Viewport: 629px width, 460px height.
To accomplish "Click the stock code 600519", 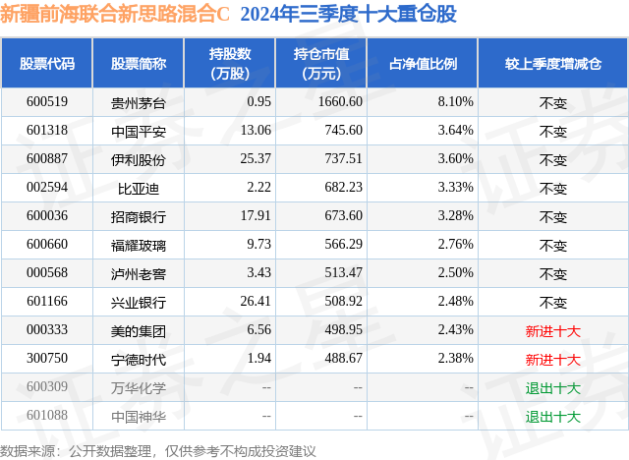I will tap(47, 101).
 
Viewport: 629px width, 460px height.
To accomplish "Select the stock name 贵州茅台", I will tap(139, 101).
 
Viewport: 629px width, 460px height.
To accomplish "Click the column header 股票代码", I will tap(47, 64).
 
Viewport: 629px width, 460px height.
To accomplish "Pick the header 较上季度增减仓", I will tap(553, 64).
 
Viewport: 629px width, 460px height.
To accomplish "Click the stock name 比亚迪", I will tap(139, 188).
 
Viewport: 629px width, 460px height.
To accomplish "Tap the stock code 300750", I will tap(47, 358).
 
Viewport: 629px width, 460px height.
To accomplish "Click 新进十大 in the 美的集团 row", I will tap(553, 330).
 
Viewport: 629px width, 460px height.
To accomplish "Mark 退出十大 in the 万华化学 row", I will tap(553, 387).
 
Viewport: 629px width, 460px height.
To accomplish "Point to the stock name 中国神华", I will tap(139, 416).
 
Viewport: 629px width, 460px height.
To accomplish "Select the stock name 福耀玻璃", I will tap(139, 245).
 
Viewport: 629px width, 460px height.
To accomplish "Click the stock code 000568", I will tap(47, 273).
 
